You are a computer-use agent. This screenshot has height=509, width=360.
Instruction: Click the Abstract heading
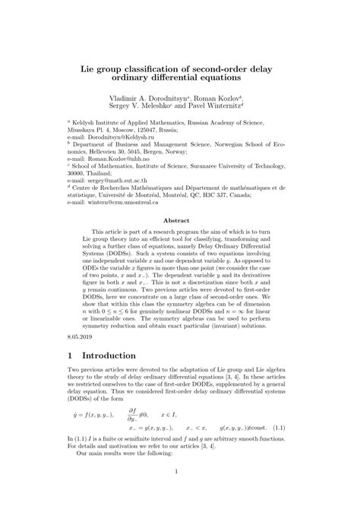pos(180,221)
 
